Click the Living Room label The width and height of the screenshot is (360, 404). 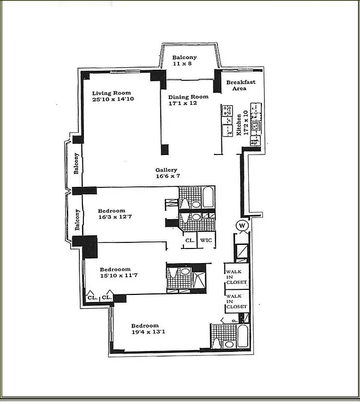(x=111, y=93)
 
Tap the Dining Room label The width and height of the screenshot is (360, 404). (x=188, y=97)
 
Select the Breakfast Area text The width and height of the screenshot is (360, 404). (x=240, y=85)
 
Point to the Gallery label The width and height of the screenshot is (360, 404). (x=167, y=170)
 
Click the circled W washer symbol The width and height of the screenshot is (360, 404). (x=242, y=225)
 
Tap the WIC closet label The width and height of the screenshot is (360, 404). (x=206, y=241)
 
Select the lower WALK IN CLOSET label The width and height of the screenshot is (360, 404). (x=237, y=301)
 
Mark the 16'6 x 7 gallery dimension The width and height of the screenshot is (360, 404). (x=168, y=177)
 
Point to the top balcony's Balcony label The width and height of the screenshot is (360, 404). (x=184, y=58)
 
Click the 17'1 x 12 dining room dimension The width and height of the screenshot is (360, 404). (x=183, y=104)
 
